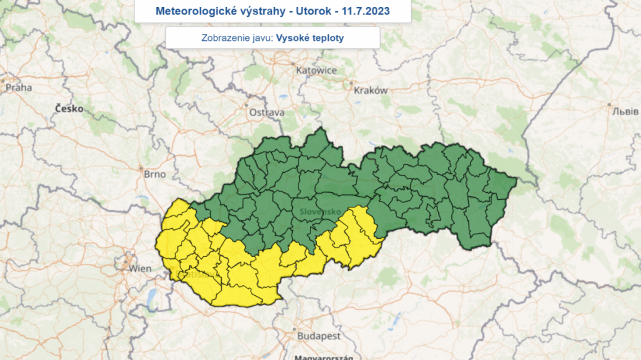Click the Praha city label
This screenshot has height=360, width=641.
19,87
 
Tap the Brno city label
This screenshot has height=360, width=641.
153,174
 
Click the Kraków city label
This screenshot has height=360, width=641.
371,90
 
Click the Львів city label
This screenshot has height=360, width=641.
625,111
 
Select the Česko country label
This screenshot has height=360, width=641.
69,108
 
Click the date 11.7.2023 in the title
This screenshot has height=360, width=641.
366,11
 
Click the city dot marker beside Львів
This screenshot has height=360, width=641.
609,104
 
